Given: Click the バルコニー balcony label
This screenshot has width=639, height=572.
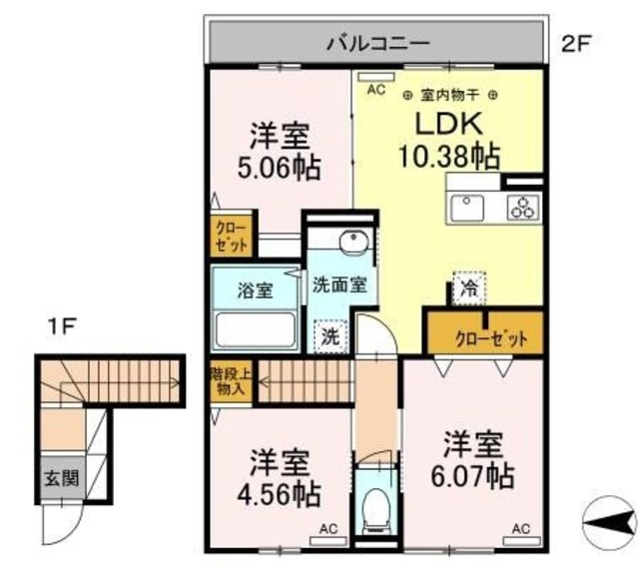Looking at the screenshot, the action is point(378,43).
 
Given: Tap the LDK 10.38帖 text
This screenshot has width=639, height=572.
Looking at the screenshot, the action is point(449,140).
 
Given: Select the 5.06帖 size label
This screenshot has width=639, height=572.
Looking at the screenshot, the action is point(280,168).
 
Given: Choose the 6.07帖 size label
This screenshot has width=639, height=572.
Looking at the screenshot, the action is point(472,476).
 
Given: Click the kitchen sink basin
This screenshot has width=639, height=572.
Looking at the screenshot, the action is point(467,209).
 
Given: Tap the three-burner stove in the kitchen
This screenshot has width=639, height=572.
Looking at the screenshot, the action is point(523,208).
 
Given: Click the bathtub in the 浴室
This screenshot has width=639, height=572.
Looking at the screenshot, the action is point(256,329).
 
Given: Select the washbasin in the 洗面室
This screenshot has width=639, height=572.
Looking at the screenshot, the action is point(354,243).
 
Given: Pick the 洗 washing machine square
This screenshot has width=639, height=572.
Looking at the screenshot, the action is point(330,336).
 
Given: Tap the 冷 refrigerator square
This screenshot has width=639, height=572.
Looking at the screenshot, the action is point(469,288).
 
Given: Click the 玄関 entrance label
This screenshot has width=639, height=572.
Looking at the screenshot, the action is point(62,478).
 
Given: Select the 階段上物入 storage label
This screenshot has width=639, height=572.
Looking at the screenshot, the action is point(231,381).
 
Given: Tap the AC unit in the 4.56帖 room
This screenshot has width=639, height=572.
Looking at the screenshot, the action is point(328,541).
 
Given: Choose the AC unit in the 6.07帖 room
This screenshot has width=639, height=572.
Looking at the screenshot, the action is point(521,541).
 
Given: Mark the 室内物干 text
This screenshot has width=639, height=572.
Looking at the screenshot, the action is point(449,96).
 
